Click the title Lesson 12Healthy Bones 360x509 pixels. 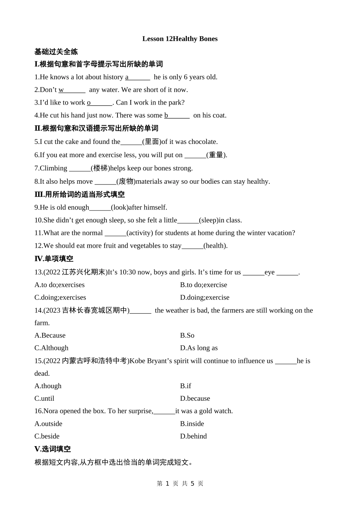pyautogui.click(x=180, y=39)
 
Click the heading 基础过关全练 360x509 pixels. pyautogui.click(x=56, y=52)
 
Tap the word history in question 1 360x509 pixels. pyautogui.click(x=113, y=77)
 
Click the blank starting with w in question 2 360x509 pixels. pyautogui.click(x=72, y=90)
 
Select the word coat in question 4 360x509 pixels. pyautogui.click(x=219, y=115)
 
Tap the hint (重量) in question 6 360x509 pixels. pyautogui.click(x=216, y=155)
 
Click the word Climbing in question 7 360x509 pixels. pyautogui.click(x=53, y=168)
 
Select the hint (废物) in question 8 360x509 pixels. pyautogui.click(x=126, y=181)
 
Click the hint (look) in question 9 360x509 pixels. pyautogui.click(x=120, y=207)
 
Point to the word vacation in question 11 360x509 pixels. pyautogui.click(x=280, y=233)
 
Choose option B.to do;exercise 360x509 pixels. pyautogui.click(x=203, y=285)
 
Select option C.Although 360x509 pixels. pyautogui.click(x=52, y=348)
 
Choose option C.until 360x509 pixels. pyautogui.click(x=44, y=398)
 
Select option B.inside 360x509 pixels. pyautogui.click(x=192, y=424)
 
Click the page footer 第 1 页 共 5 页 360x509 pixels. pyautogui.click(x=180, y=484)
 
